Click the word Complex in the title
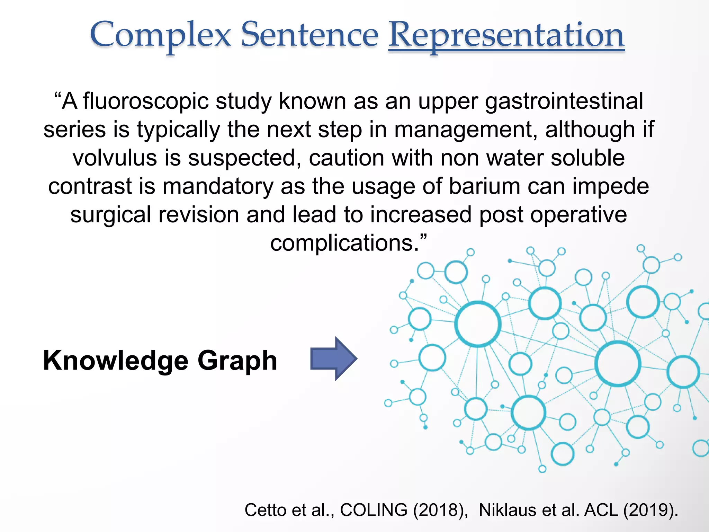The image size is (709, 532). point(160,35)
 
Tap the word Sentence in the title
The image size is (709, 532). point(309,35)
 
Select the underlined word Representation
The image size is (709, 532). point(506,35)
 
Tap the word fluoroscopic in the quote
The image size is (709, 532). point(146,101)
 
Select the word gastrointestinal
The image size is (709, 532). point(564,101)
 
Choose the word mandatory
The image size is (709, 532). point(218,186)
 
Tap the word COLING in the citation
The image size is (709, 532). point(374,510)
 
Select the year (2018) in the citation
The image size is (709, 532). point(440,510)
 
